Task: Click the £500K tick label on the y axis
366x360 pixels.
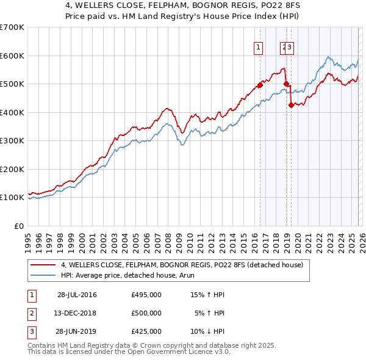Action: [12, 84]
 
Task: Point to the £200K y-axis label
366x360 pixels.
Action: [12, 169]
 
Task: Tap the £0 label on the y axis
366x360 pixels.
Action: [19, 226]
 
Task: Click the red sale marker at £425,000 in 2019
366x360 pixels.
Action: [291, 105]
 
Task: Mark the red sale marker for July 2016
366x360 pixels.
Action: [259, 85]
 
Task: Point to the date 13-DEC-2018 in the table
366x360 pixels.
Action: [74, 313]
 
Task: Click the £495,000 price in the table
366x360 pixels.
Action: [146, 295]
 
